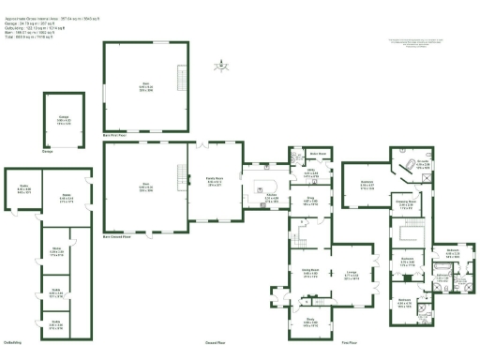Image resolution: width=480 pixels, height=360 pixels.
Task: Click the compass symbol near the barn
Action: coord(221,66)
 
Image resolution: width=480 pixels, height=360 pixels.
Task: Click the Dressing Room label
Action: coord(405,203)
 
